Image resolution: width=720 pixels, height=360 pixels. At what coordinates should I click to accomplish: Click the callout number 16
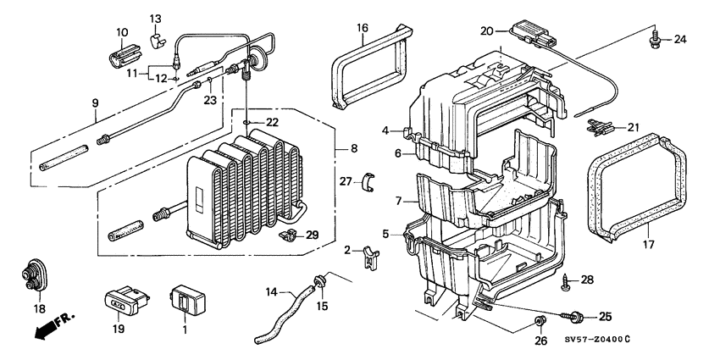[x=362, y=28]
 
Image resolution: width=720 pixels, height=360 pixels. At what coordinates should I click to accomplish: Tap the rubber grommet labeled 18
[x=33, y=273]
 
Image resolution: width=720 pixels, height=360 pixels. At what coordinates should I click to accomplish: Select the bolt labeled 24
[x=655, y=38]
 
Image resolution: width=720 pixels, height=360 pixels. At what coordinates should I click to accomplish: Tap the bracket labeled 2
[x=369, y=255]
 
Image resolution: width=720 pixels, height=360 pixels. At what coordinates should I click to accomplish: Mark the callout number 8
[x=350, y=150]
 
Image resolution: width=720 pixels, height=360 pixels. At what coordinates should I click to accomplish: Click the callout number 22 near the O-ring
[x=270, y=123]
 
